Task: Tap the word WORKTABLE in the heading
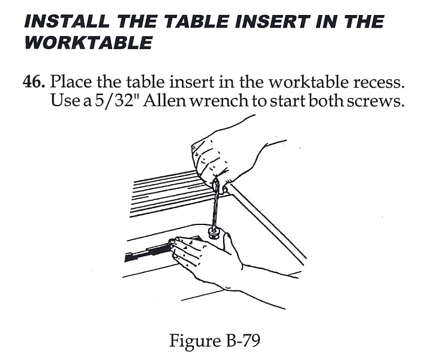click(x=88, y=43)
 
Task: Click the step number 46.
click(x=34, y=82)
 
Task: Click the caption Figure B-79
click(x=215, y=340)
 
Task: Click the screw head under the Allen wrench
click(x=214, y=233)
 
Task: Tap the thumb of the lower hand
click(x=231, y=242)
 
